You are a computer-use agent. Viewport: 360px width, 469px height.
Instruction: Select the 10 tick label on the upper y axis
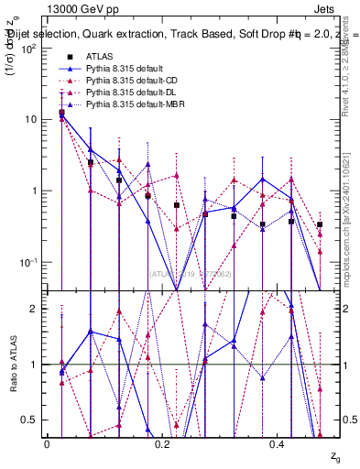(x=31, y=119)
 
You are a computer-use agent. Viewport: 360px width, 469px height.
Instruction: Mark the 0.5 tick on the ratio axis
(x=31, y=420)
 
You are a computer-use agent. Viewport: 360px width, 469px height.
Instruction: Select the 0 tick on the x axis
(x=47, y=443)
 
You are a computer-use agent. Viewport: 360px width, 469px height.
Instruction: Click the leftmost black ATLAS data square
(x=61, y=113)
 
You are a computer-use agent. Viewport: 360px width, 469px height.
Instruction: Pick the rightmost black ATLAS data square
(x=320, y=224)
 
